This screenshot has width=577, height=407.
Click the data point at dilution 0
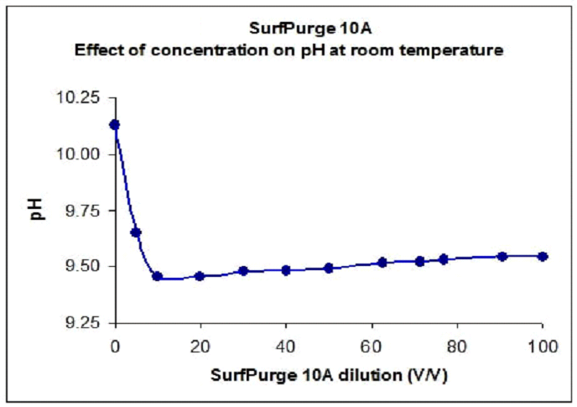click(115, 125)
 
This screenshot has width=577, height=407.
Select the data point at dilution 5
click(136, 232)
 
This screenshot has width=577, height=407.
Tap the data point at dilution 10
click(157, 276)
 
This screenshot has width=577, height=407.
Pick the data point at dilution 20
click(200, 276)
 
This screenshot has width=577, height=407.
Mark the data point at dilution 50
click(329, 269)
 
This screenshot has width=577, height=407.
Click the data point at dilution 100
click(543, 256)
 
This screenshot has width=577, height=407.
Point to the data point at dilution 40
click(286, 270)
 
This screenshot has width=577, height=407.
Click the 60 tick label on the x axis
click(372, 345)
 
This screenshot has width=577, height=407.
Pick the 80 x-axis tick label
click(457, 345)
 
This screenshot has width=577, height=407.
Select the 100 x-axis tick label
click(542, 345)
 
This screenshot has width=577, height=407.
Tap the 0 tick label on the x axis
click(115, 345)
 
